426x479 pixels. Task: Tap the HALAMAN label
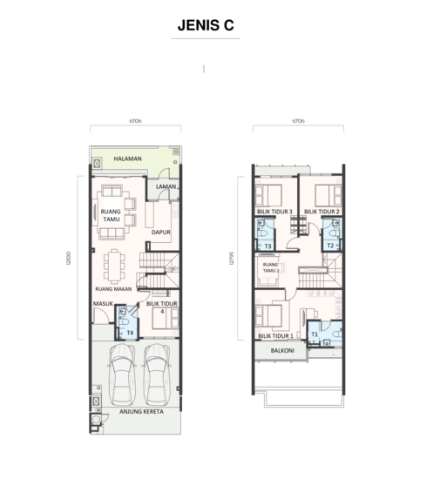pyautogui.click(x=128, y=159)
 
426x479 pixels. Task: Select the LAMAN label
pyautogui.click(x=166, y=187)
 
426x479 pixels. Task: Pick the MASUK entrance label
pyautogui.click(x=104, y=304)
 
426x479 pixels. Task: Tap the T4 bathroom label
pyautogui.click(x=130, y=332)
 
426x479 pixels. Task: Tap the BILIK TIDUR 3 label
pyautogui.click(x=274, y=212)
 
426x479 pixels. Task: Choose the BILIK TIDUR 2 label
pyautogui.click(x=321, y=212)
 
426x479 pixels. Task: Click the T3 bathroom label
pyautogui.click(x=268, y=246)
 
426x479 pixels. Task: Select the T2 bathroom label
pyautogui.click(x=330, y=246)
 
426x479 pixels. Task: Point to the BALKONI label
pyautogui.click(x=281, y=352)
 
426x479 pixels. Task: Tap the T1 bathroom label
pyautogui.click(x=314, y=334)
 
